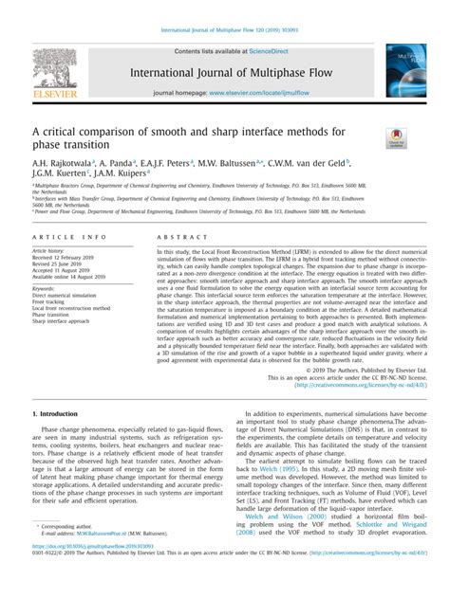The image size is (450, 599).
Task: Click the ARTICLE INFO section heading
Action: [x=69, y=236]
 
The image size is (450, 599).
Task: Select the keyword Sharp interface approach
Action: [x=65, y=321]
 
